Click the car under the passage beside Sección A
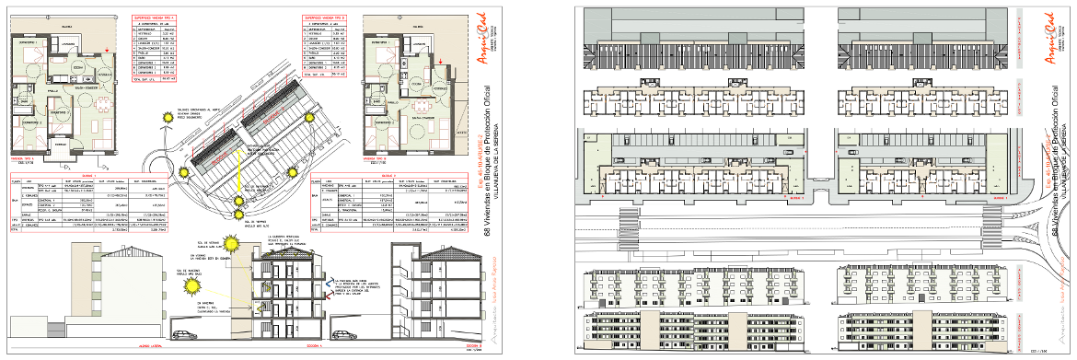tap(342, 335)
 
